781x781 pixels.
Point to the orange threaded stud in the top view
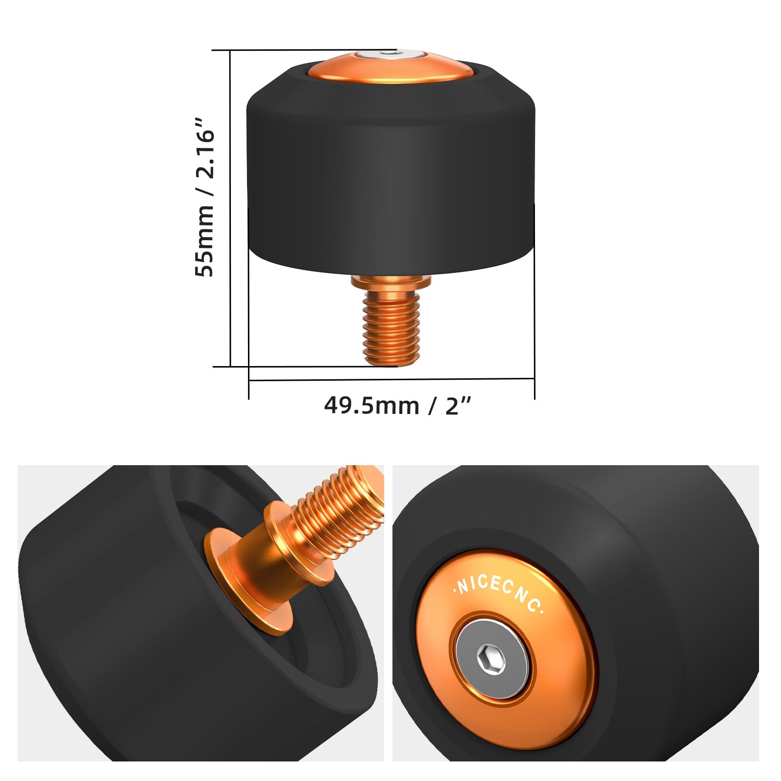(391, 327)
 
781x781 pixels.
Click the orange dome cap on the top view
(390, 71)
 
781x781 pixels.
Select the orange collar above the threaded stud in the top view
(391, 281)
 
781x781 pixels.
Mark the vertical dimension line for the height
(230, 210)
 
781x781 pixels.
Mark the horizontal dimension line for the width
(390, 379)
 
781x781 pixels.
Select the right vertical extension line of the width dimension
(534, 303)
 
